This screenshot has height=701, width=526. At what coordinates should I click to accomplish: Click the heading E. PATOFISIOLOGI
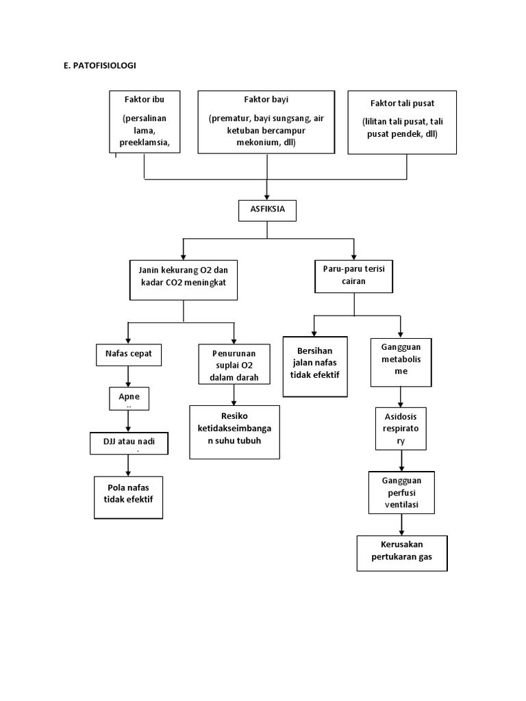click(x=99, y=66)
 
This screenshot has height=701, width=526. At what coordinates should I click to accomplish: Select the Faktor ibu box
click(x=145, y=121)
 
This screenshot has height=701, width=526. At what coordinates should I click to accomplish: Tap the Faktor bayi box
click(x=266, y=122)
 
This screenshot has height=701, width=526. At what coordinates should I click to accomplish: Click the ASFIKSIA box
click(x=267, y=211)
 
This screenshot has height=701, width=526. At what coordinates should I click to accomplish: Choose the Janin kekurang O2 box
click(x=184, y=280)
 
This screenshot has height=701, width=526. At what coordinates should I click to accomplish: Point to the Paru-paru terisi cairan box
click(x=354, y=276)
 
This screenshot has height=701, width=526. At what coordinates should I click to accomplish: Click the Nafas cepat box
click(x=128, y=355)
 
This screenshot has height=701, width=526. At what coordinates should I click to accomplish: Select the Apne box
click(x=128, y=398)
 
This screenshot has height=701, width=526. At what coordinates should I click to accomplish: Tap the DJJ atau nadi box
click(x=129, y=444)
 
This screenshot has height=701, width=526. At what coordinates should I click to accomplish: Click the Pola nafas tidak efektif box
click(x=129, y=497)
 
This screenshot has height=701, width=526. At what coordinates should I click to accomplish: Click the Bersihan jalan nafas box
click(x=315, y=366)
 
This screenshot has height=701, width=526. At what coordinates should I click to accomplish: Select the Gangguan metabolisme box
click(x=401, y=361)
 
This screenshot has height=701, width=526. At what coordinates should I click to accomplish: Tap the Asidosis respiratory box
click(x=401, y=429)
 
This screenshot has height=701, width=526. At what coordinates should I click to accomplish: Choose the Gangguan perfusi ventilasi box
click(x=401, y=493)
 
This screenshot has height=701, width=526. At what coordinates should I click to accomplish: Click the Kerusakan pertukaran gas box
click(x=402, y=552)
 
